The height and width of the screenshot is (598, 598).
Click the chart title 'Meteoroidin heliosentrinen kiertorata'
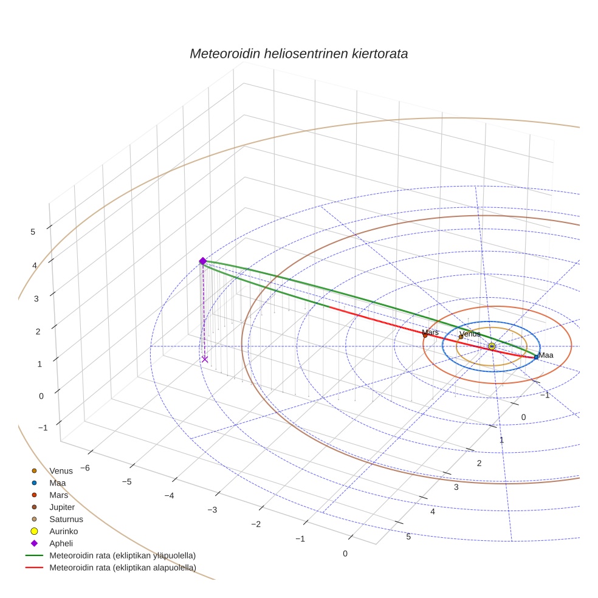[x=298, y=53]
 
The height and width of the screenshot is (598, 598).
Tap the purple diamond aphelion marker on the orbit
[x=203, y=261]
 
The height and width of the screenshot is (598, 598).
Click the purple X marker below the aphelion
[x=205, y=359]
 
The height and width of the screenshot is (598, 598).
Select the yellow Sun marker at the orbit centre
[x=492, y=346]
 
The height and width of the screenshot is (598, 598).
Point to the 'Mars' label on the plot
[x=430, y=332]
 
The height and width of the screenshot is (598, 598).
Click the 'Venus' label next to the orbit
[x=470, y=334]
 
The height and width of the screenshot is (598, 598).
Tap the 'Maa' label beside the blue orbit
[x=546, y=355]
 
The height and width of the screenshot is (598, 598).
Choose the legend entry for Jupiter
[x=62, y=507]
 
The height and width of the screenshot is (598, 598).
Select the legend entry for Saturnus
[x=66, y=519]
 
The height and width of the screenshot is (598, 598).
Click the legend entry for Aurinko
[x=64, y=531]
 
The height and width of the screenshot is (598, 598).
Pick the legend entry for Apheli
[x=61, y=543]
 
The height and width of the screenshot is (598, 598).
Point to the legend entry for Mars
[x=59, y=495]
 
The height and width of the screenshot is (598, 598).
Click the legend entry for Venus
[x=61, y=470]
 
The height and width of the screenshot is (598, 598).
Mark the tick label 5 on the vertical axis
[x=33, y=232]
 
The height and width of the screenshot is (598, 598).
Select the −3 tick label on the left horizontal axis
[x=212, y=509]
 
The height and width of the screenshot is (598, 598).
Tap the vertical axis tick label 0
[x=41, y=396]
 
